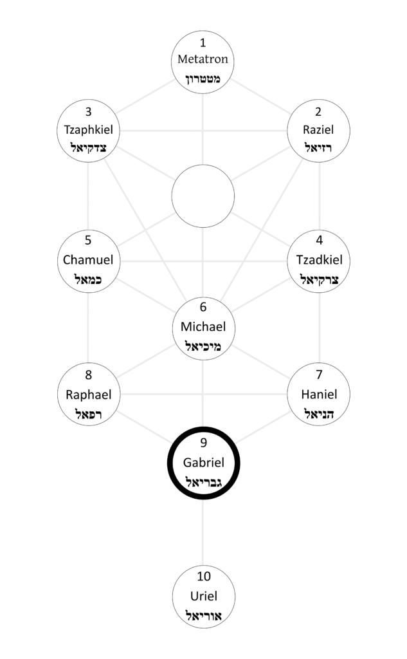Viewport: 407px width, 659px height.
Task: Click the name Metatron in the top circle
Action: [x=203, y=60]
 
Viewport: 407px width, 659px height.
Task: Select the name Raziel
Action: [x=318, y=130]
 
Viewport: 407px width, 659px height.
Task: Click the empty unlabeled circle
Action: [x=203, y=196]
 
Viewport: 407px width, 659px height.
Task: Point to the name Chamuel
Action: [x=88, y=260]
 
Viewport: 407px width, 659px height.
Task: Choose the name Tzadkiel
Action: [x=320, y=260]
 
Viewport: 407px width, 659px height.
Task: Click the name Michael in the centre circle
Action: [x=203, y=326]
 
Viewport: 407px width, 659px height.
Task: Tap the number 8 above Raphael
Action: [x=88, y=375]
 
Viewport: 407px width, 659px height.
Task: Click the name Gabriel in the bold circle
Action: [x=203, y=461]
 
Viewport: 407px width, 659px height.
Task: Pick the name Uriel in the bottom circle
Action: [x=203, y=595]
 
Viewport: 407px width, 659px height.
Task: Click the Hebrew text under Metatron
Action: [x=203, y=80]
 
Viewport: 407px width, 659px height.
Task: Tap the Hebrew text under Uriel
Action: [x=203, y=615]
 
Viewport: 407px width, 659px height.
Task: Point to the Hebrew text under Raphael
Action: [x=88, y=413]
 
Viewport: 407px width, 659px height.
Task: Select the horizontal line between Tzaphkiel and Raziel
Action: [x=203, y=131]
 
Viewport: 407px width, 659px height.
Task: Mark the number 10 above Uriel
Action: [x=203, y=575]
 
